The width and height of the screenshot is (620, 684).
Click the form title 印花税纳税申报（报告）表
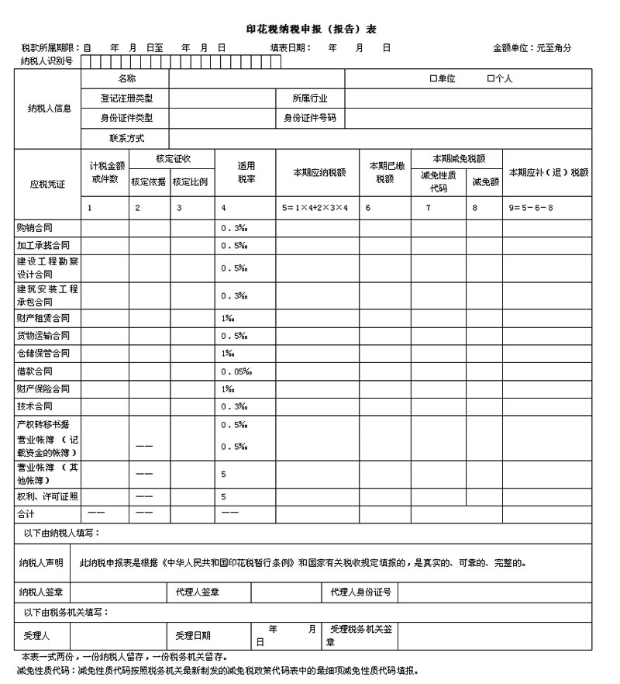(x=311, y=29)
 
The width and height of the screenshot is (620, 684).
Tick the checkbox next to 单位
(x=433, y=78)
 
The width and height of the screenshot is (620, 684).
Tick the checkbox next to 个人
(x=490, y=78)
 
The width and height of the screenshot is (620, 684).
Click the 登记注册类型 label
(x=126, y=98)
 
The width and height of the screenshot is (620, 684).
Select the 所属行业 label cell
(x=309, y=98)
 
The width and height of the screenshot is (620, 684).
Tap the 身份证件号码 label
(x=309, y=118)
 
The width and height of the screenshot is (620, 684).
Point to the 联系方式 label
(x=126, y=138)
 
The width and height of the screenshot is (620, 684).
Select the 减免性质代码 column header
(x=438, y=181)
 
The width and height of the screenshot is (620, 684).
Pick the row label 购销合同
(x=38, y=228)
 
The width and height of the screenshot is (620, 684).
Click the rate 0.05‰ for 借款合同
(x=236, y=371)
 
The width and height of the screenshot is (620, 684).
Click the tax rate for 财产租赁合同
(x=228, y=318)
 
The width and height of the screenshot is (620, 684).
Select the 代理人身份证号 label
(x=360, y=592)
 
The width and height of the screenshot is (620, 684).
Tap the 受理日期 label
(x=193, y=636)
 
